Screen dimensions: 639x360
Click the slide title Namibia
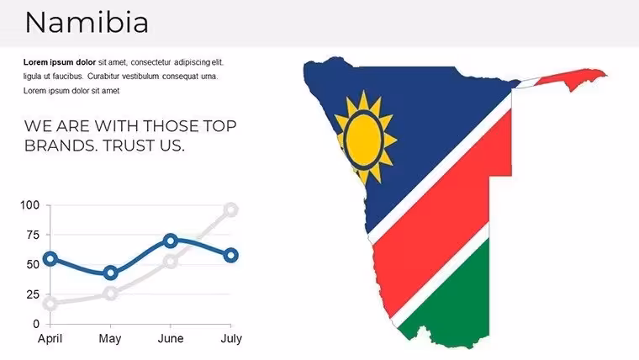point(87,23)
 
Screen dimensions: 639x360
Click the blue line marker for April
point(50,258)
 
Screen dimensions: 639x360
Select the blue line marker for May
point(110,273)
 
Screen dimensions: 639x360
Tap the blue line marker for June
point(171,241)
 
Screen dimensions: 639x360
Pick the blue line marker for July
point(231,256)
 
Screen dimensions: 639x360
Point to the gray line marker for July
point(231,210)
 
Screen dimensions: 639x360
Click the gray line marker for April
point(50,304)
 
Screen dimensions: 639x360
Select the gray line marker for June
point(171,262)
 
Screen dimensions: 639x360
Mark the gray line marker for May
point(110,294)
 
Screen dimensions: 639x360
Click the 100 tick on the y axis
point(29,205)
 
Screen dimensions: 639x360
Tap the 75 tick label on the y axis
point(33,235)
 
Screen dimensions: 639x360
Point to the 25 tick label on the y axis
point(33,294)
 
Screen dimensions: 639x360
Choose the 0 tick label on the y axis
point(36,324)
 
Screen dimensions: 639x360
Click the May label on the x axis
point(110,339)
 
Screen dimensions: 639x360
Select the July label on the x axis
point(231,339)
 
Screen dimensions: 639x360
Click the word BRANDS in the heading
point(61,146)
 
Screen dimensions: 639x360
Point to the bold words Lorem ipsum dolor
point(60,62)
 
